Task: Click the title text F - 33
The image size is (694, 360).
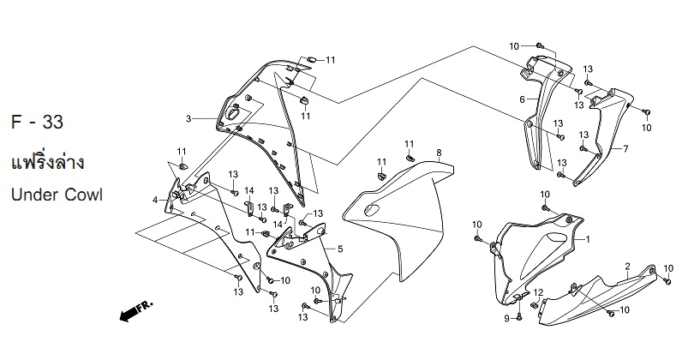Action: (x=37, y=122)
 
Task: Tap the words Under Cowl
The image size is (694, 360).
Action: (x=57, y=195)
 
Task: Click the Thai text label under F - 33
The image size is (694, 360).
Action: (x=47, y=163)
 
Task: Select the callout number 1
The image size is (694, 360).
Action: (x=588, y=239)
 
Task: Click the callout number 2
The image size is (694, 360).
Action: (x=628, y=266)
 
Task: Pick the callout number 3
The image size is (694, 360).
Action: (x=188, y=118)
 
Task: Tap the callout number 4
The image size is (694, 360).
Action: (x=155, y=201)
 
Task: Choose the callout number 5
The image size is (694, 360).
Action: (x=340, y=249)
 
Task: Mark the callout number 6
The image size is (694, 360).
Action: (x=523, y=99)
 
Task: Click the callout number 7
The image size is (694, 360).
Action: (x=625, y=149)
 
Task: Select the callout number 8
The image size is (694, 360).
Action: (x=439, y=153)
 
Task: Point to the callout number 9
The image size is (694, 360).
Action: (x=507, y=318)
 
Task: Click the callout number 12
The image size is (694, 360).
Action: (x=538, y=292)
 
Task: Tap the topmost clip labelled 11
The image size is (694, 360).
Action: (x=311, y=59)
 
